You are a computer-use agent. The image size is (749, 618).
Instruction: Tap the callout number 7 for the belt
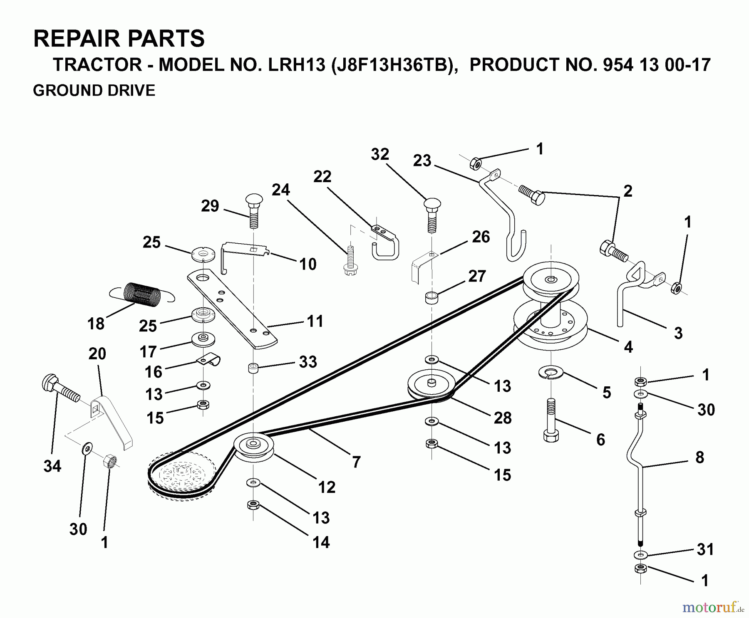356,462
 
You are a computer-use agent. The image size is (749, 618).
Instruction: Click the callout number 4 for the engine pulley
628,346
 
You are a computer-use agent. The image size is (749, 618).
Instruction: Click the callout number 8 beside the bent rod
699,457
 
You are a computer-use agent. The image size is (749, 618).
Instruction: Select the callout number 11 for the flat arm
315,321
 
